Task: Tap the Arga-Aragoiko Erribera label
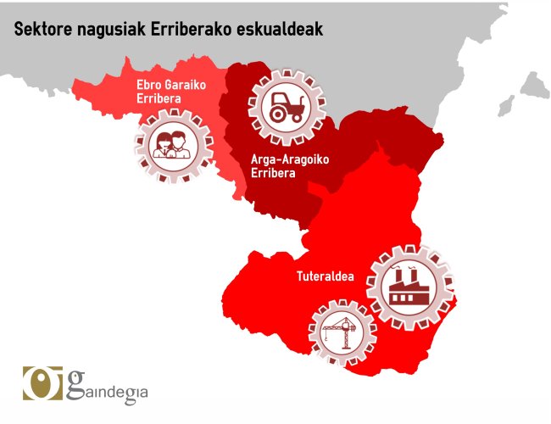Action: (279, 165)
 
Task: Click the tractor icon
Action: (281, 108)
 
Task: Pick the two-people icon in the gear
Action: (172, 146)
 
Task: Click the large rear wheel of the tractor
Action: (275, 113)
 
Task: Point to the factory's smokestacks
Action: (409, 276)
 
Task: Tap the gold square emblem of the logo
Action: (39, 383)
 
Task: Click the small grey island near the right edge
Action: (506, 106)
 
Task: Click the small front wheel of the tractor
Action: (295, 116)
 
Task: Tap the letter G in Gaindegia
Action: (75, 383)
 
